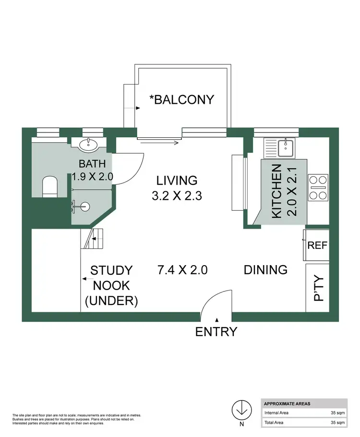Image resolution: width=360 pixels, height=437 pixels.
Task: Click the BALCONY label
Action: point(181,99)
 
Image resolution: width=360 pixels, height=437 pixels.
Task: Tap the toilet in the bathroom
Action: point(50,186)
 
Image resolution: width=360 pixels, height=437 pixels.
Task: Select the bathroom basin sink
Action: point(88,145)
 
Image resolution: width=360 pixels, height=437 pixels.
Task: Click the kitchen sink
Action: point(286,148)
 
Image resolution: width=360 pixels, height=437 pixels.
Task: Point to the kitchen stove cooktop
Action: point(317,187)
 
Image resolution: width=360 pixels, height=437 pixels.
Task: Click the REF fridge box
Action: point(317,245)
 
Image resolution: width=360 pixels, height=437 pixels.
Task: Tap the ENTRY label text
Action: point(216,331)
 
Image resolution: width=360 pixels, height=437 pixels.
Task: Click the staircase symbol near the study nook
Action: point(93,238)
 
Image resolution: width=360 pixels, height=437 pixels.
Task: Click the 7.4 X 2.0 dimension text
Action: point(182,269)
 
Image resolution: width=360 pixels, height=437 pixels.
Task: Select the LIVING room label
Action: point(177,181)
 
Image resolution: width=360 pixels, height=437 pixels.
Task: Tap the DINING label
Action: point(265,269)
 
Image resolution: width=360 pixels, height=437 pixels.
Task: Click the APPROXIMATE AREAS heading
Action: point(287,403)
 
